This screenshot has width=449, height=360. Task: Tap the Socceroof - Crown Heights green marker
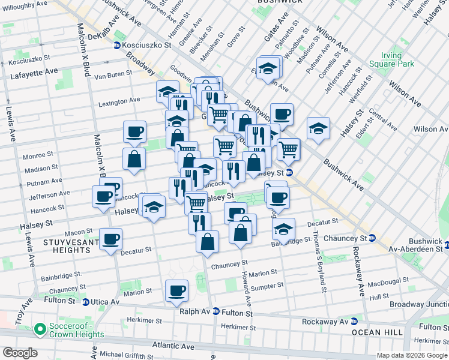(40, 329)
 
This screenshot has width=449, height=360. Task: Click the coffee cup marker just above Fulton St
(176, 291)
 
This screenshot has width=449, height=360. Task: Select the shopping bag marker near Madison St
(134, 159)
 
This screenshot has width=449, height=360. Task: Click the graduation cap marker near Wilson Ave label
(318, 128)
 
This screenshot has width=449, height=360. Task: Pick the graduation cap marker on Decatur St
(283, 229)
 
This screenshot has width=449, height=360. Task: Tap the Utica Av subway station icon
(86, 302)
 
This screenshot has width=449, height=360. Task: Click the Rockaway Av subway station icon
(354, 321)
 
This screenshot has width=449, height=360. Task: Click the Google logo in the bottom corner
(19, 352)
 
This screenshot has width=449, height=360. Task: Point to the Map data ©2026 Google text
(411, 355)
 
